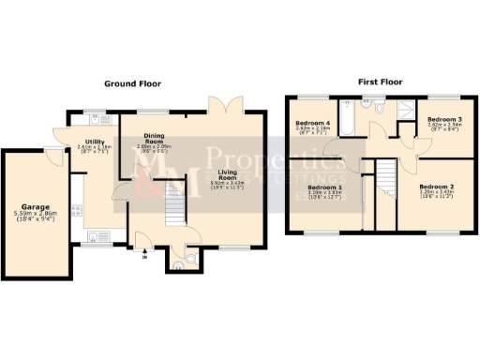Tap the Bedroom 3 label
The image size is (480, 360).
tap(444, 120)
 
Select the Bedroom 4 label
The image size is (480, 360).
tap(312, 123)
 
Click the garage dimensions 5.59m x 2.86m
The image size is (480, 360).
tap(37, 215)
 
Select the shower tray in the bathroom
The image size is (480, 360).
tap(406, 112)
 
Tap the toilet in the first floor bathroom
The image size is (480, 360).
tap(377, 110)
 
